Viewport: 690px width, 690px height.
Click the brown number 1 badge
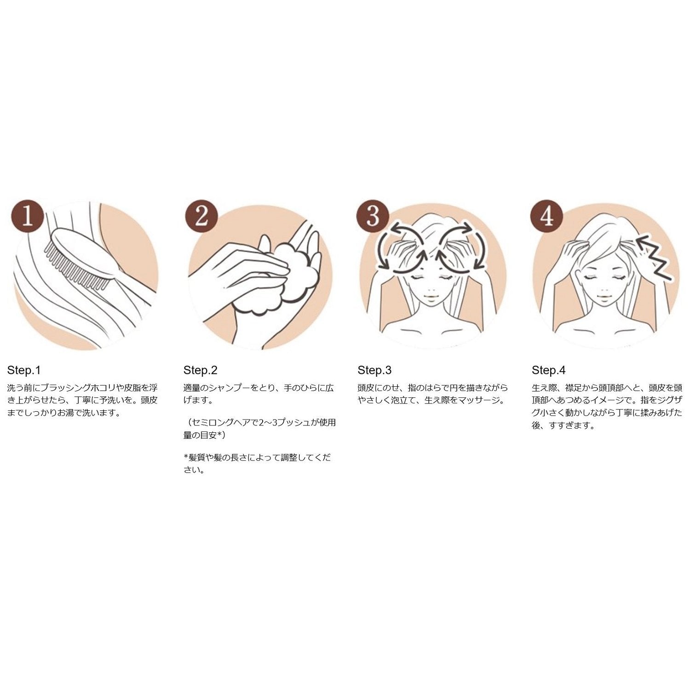tap(28, 215)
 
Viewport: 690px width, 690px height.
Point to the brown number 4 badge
tap(547, 215)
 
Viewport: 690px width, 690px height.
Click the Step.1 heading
tap(24, 370)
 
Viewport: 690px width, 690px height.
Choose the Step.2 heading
tap(200, 370)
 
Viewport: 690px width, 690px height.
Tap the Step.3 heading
tap(374, 370)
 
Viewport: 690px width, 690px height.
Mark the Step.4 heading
tap(549, 370)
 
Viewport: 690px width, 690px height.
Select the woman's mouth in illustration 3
tap(431, 296)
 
